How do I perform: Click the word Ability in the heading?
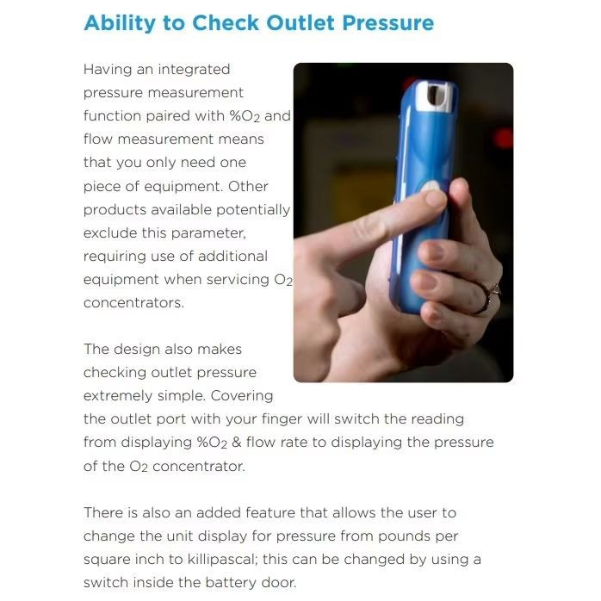click(120, 23)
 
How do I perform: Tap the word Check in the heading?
click(226, 22)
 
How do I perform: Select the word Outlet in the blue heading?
click(300, 22)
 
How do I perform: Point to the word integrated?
click(194, 70)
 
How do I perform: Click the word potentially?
click(253, 210)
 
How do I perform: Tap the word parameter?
click(208, 234)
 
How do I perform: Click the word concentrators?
click(133, 303)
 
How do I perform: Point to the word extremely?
click(118, 396)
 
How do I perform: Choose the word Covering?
click(242, 396)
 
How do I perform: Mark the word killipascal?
click(222, 559)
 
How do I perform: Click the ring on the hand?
click(487, 298)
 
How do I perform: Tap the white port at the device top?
click(436, 96)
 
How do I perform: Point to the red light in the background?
click(504, 139)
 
